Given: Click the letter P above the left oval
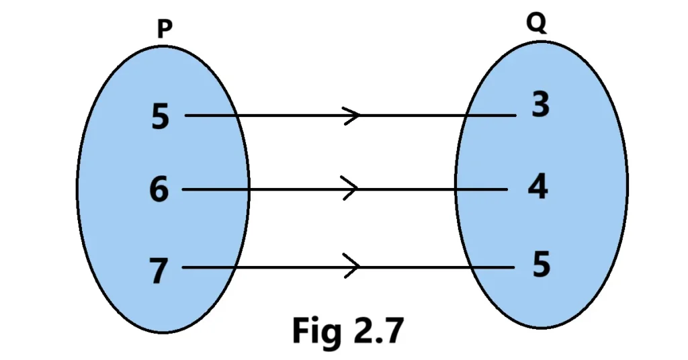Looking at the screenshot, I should [164, 29].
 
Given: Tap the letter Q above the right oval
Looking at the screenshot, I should [536, 24].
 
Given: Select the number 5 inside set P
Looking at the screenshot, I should [161, 117].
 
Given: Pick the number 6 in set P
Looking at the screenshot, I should [159, 190].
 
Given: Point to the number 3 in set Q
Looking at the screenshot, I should [540, 105].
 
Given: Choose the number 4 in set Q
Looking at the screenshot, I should [537, 187].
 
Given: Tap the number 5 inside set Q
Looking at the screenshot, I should [541, 265].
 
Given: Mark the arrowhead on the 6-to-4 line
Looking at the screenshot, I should [350, 189].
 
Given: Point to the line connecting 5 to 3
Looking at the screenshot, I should [282, 116].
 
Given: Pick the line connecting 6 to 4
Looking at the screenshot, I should [282, 189].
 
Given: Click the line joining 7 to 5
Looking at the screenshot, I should [282, 267].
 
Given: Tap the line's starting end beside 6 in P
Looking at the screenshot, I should [185, 189].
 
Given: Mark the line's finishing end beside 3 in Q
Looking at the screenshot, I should [514, 116].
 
